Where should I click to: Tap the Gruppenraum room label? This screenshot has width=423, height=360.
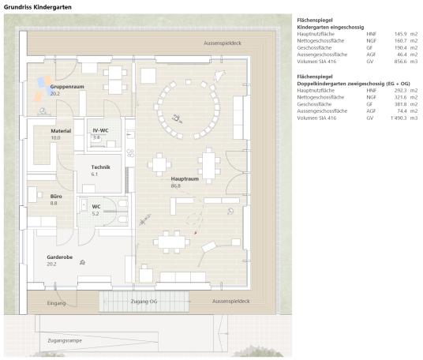coord(66,86)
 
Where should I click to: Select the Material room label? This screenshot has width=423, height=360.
coord(61,131)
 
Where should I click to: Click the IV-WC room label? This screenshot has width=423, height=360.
coord(100,130)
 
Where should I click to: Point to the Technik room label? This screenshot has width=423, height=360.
coord(101,167)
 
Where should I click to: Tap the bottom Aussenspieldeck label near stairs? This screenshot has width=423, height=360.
coord(231,302)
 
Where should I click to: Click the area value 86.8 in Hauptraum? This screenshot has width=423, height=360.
coord(177,186)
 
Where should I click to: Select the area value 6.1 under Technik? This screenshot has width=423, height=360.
coord(95,174)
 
